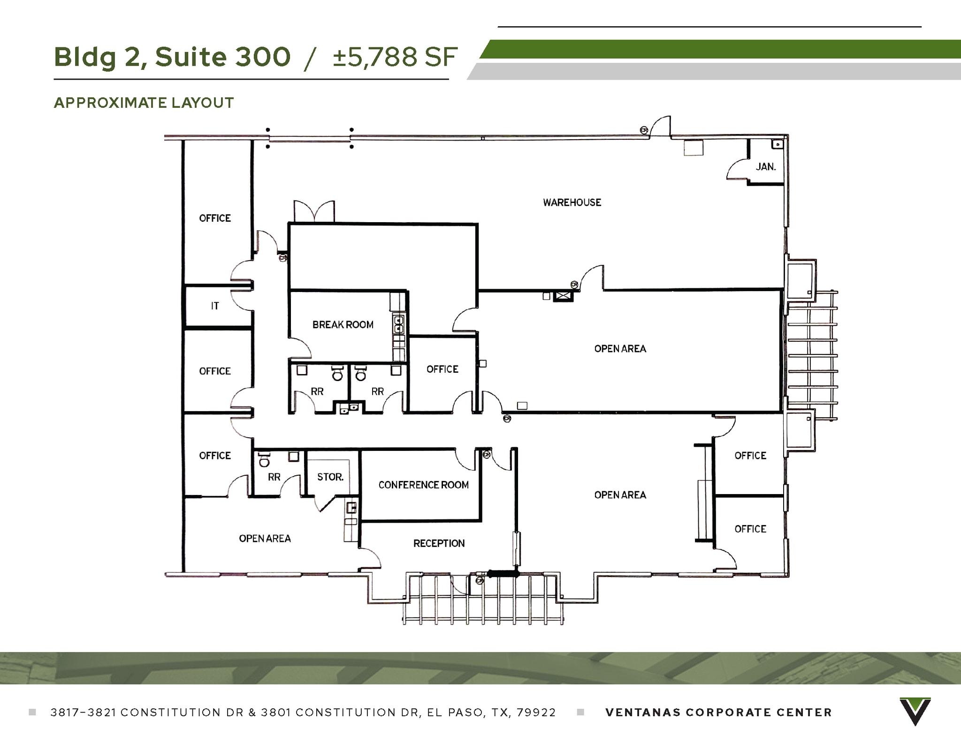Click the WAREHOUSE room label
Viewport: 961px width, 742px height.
572,202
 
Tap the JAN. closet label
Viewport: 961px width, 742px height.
765,167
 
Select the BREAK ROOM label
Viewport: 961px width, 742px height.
343,325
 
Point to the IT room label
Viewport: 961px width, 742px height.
215,306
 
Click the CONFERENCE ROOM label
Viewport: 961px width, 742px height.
423,485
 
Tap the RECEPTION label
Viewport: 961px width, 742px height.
439,543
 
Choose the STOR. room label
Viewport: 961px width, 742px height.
330,477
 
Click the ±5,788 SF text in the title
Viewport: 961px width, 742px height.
395,57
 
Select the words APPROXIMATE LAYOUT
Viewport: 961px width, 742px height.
144,103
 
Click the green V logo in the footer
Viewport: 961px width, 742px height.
915,711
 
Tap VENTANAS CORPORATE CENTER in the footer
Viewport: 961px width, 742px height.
718,712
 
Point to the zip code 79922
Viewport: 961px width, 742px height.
536,712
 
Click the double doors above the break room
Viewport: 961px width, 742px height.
314,211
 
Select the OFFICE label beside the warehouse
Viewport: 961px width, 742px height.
215,218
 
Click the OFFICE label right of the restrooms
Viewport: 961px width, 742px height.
442,369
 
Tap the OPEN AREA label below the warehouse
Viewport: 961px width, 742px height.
620,349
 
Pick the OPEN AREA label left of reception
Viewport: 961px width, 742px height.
265,539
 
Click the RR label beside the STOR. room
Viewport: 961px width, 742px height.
274,477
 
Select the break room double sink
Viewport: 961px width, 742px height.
398,324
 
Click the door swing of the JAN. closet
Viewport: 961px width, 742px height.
737,170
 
